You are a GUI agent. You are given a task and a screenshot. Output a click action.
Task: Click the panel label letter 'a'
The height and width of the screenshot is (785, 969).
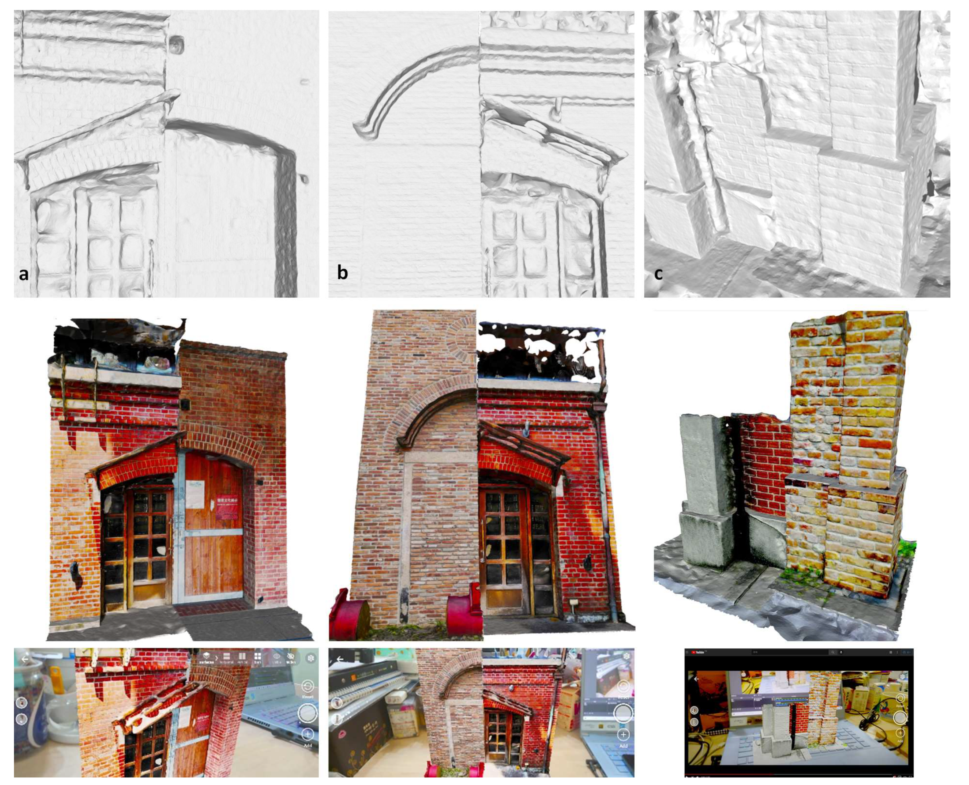point(23,274)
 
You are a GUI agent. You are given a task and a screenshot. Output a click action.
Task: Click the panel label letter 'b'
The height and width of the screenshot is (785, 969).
point(342,272)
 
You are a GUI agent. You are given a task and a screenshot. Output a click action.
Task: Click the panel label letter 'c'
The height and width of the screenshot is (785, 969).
point(658,273)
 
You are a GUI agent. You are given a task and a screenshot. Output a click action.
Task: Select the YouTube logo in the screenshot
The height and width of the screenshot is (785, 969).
point(698,652)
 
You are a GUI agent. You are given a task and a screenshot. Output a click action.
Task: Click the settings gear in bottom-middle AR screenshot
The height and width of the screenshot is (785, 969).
point(626,656)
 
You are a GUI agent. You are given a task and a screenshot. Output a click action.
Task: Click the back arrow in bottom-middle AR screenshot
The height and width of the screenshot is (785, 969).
point(340,659)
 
